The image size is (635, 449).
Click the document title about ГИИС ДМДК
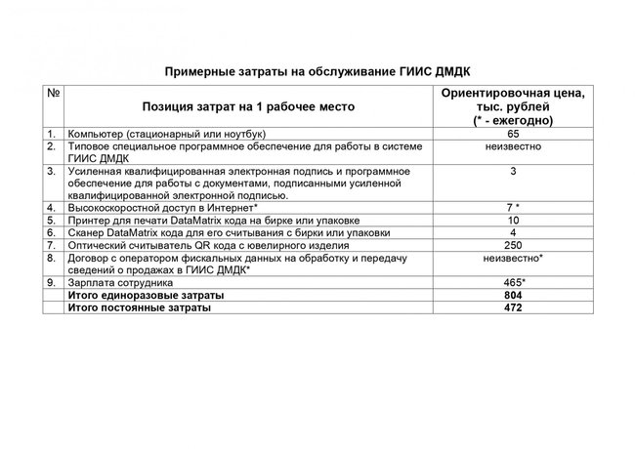317,71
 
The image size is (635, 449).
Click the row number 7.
49,245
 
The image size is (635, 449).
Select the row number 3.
49,171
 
